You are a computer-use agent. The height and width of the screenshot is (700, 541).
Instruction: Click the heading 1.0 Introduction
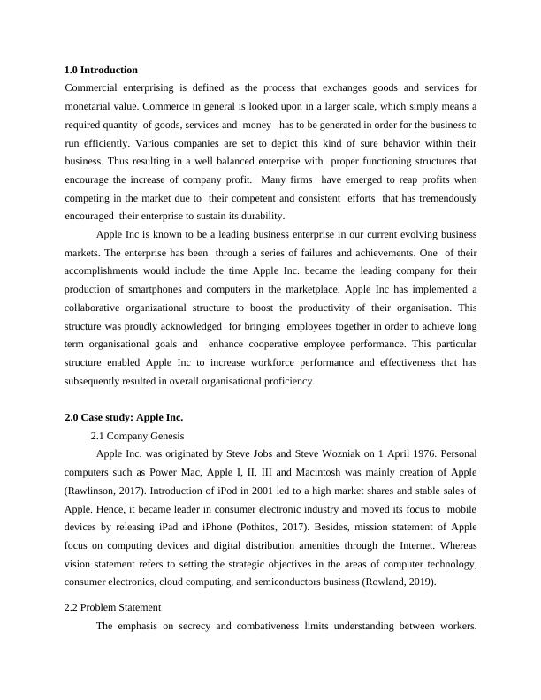click(x=102, y=70)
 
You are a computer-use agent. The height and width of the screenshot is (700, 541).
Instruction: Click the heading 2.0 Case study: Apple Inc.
click(x=124, y=416)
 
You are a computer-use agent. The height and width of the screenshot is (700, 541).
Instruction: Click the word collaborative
click(x=100, y=308)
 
